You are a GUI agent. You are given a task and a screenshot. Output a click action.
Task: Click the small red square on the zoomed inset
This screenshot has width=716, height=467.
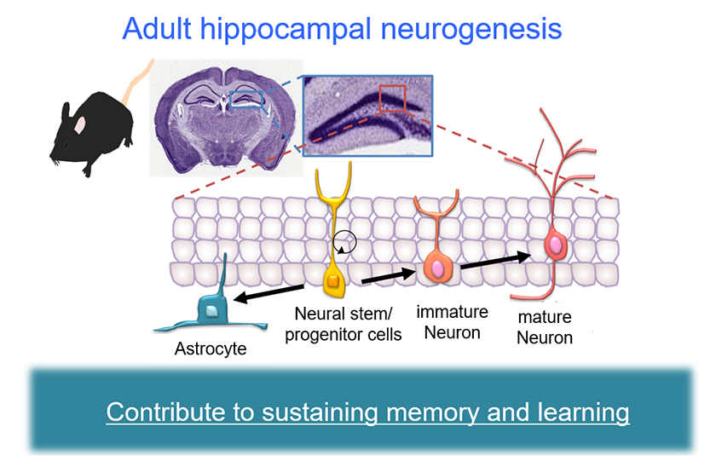point(393,98)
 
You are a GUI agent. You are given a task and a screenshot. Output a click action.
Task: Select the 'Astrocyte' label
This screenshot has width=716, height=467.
point(209,348)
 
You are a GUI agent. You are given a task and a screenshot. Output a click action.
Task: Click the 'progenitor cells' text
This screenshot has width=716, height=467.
point(343,334)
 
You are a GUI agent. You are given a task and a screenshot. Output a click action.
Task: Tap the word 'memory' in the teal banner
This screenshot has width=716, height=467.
point(429,413)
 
